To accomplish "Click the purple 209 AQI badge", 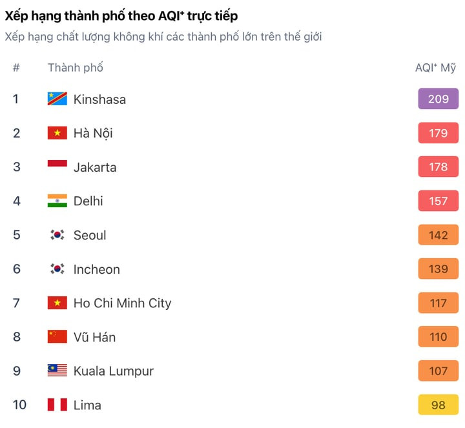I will coord(438,99).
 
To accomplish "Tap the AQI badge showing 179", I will coord(438,133).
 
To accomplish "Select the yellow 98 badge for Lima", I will coord(438,405).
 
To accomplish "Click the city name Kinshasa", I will coord(99,99).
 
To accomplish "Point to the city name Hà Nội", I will coord(93,133).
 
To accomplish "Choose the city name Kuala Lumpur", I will coord(114,371).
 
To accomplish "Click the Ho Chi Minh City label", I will coord(122,303).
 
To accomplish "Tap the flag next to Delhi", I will coord(57,201).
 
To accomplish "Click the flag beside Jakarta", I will coord(57,167).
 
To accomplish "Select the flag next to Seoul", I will coord(57,235).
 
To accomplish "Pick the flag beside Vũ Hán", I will coord(57,337).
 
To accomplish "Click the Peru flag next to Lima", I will coord(57,405).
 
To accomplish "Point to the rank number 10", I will coord(19,405).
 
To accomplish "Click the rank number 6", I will coord(16,269).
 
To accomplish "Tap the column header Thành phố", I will coord(75,67).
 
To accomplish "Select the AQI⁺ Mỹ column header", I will coord(435,67).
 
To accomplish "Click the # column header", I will coord(16,67).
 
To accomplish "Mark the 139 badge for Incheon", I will coord(438,269).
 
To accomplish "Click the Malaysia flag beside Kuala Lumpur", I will coord(57,371).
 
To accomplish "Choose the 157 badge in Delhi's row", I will coord(438,201).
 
